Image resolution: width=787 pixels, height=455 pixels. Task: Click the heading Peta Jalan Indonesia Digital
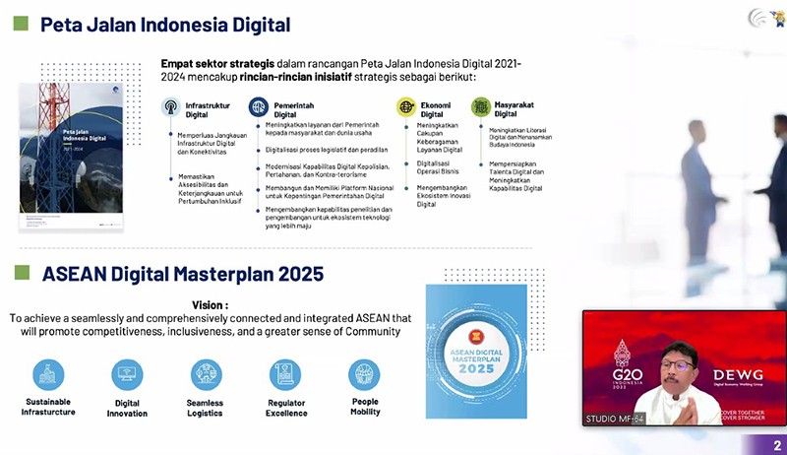pos(164,24)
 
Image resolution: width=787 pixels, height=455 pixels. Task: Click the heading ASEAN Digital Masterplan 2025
pos(182,275)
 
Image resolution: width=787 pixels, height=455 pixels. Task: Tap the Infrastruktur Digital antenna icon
pos(170,106)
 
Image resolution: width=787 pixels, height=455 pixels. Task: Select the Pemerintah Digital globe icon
pos(259,106)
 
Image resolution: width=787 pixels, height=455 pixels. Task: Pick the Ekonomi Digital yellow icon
pos(406,106)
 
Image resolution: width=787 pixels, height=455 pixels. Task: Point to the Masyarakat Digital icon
pos(480,106)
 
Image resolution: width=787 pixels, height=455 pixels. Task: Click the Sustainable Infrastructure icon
pos(48,374)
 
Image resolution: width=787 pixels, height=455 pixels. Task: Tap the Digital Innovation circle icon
pos(127,374)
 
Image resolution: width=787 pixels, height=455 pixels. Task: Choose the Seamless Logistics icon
pos(206,374)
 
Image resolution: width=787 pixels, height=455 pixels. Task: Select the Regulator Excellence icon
pos(285,374)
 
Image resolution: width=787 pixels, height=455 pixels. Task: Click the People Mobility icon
pos(364,374)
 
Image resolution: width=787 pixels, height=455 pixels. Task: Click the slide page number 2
pos(777,445)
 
